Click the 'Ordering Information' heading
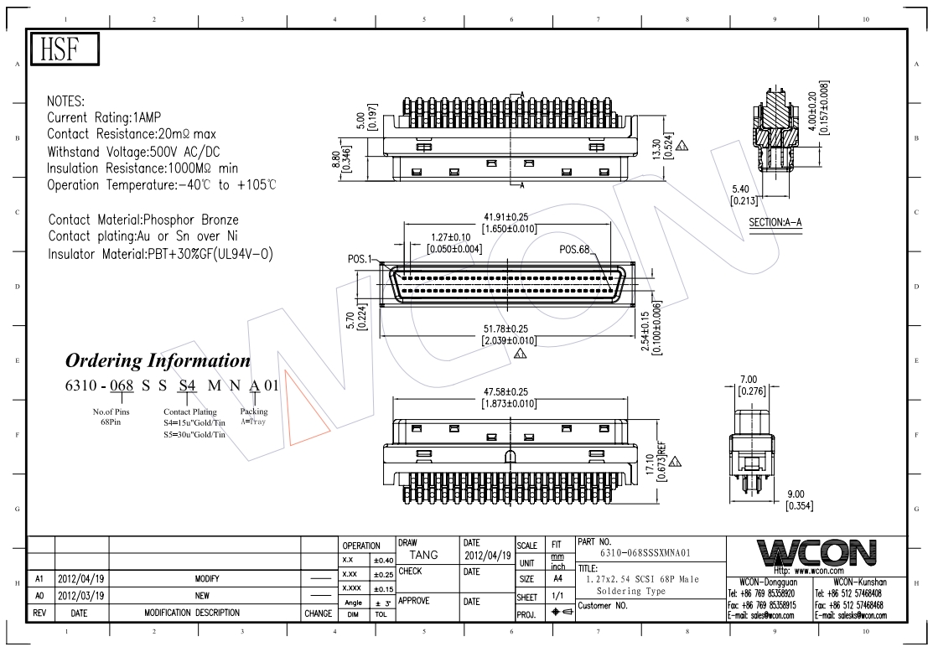point(158,361)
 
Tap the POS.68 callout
point(575,250)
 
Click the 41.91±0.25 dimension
point(511,218)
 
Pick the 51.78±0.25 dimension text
point(510,328)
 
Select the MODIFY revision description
point(207,578)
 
